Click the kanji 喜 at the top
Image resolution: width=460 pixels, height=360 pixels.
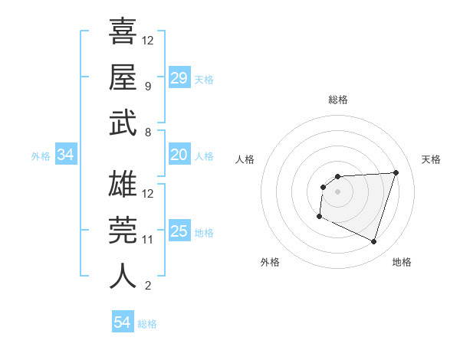(x=123, y=33)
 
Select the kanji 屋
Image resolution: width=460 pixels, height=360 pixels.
(x=123, y=77)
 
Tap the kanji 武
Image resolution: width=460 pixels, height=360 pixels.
(x=123, y=123)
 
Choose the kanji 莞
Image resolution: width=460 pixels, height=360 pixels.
(x=123, y=231)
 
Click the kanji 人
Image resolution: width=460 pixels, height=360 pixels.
(x=123, y=275)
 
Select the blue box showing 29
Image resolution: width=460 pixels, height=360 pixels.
(x=179, y=78)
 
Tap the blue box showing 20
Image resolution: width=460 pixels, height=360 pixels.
(x=179, y=155)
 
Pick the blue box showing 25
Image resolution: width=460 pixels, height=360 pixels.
(x=179, y=231)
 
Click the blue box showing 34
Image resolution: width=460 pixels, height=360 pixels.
(x=65, y=155)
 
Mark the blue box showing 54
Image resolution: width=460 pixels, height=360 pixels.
(x=122, y=322)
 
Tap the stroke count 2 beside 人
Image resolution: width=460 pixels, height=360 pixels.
(x=148, y=286)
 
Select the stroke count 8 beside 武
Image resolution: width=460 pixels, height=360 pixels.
(x=148, y=132)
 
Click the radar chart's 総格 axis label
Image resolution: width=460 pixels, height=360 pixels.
(x=337, y=100)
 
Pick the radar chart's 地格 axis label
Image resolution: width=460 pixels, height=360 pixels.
(x=402, y=262)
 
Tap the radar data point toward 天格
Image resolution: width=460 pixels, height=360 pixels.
(x=396, y=172)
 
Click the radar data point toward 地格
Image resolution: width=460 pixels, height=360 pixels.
(x=373, y=242)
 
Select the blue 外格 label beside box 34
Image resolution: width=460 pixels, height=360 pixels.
(x=41, y=156)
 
